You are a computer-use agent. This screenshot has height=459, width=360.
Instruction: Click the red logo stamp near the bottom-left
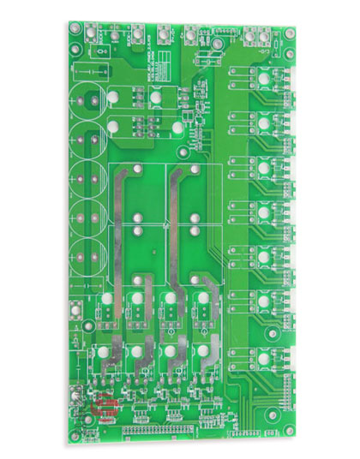point(105,407)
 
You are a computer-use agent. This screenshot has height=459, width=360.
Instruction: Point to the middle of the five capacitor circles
point(87,179)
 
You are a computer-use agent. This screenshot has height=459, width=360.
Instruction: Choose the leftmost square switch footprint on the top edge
point(112,35)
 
